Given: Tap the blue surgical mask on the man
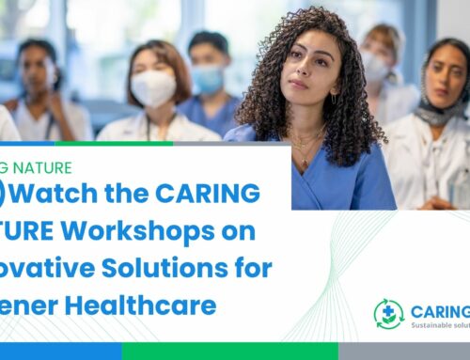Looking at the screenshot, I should click(208, 80).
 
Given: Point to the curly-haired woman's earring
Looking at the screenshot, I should click(333, 97).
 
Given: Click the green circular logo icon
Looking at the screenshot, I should click(388, 313).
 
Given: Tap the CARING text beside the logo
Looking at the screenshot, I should click(440, 309).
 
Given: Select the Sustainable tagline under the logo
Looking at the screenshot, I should click(440, 326).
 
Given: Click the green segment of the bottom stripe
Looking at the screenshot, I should click(229, 352).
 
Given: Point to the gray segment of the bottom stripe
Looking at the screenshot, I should click(404, 352).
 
